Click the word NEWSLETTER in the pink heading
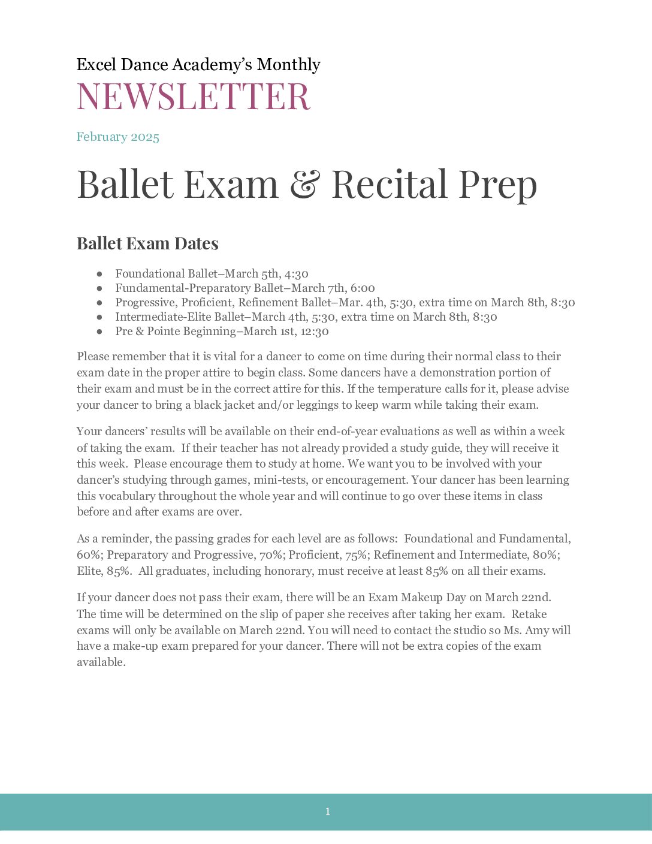194,97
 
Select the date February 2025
118,137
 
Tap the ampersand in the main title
305,184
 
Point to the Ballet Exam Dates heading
147,244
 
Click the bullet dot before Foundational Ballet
99,274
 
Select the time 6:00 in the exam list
363,288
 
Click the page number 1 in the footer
327,812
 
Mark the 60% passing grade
89,554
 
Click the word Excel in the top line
96,65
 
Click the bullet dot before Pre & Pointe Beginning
99,331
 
